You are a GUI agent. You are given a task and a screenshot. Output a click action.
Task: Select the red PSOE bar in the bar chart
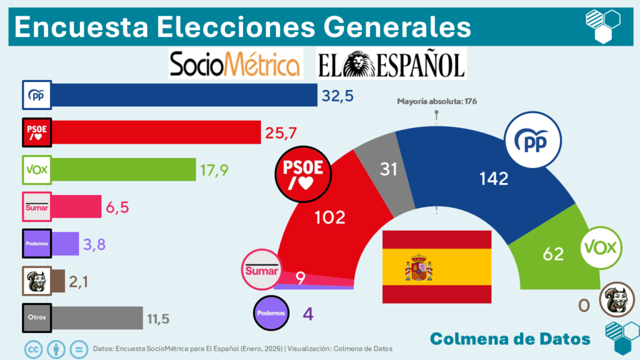pyautogui.click(x=156, y=132)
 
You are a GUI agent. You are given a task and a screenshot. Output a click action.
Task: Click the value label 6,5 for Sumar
pyautogui.click(x=117, y=207)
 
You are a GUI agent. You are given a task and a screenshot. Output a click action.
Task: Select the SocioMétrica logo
pyautogui.click(x=236, y=64)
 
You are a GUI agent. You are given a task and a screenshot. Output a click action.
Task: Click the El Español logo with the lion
pyautogui.click(x=391, y=64)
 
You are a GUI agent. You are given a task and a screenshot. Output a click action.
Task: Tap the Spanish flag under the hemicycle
pyautogui.click(x=436, y=267)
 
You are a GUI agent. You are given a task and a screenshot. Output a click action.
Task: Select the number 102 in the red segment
pyautogui.click(x=329, y=217)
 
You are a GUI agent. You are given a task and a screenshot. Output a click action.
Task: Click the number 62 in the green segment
pyautogui.click(x=553, y=254)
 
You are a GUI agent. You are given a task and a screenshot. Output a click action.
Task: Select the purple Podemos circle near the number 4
pyautogui.click(x=272, y=312)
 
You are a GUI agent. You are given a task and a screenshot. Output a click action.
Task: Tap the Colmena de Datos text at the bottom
pyautogui.click(x=511, y=338)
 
